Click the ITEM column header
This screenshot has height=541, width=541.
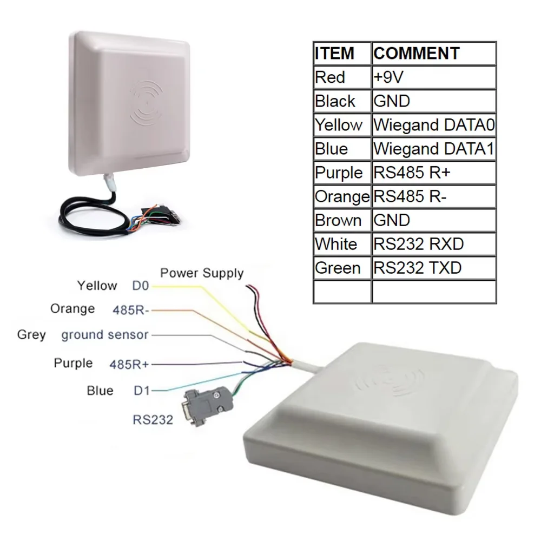pos(334,54)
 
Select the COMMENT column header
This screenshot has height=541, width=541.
pos(417,54)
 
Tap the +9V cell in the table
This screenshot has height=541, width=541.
pos(388,77)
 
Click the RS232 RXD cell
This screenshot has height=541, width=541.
pos(419,244)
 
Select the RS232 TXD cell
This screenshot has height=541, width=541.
pos(418,268)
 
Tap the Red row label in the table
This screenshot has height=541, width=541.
pos(330,77)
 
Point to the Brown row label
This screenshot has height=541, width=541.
pos(338,220)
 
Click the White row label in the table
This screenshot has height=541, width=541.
pos(336,244)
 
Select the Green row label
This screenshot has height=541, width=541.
pos(338,268)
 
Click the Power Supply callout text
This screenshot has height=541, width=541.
pos(202,273)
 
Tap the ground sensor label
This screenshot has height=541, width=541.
pos(104,334)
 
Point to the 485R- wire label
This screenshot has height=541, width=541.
pos(131,310)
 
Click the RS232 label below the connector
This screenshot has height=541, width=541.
pos(153,419)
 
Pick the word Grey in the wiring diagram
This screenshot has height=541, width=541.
pos(31,334)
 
